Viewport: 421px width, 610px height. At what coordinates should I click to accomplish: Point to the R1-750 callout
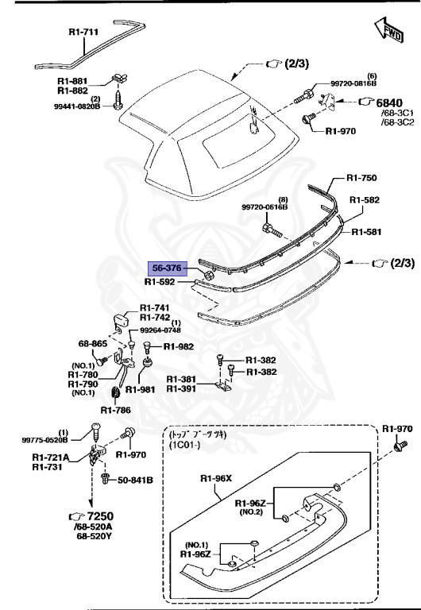click(x=365, y=180)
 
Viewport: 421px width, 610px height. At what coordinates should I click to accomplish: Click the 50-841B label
click(x=135, y=481)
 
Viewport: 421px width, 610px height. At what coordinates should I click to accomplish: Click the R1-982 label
click(x=178, y=347)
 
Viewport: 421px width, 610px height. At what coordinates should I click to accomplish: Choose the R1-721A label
click(x=52, y=457)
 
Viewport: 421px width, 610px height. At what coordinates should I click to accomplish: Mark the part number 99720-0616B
click(x=265, y=207)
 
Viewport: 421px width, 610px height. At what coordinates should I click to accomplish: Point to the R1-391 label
click(x=184, y=389)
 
